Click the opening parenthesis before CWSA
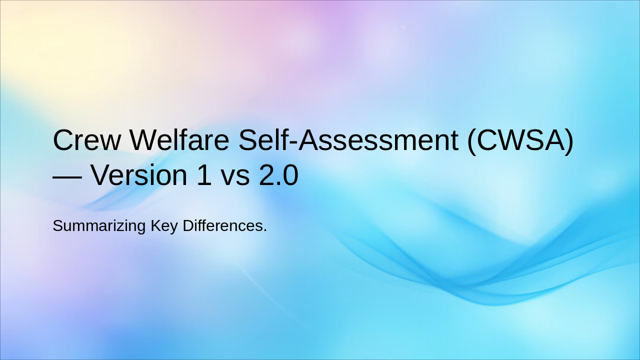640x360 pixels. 471,141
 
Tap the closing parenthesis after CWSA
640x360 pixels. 568,141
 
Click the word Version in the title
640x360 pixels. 144,175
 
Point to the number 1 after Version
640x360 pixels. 203,175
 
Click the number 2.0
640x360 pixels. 278,175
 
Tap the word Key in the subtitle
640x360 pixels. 164,226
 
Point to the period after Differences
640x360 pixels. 265,230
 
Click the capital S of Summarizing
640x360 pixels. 57,225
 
